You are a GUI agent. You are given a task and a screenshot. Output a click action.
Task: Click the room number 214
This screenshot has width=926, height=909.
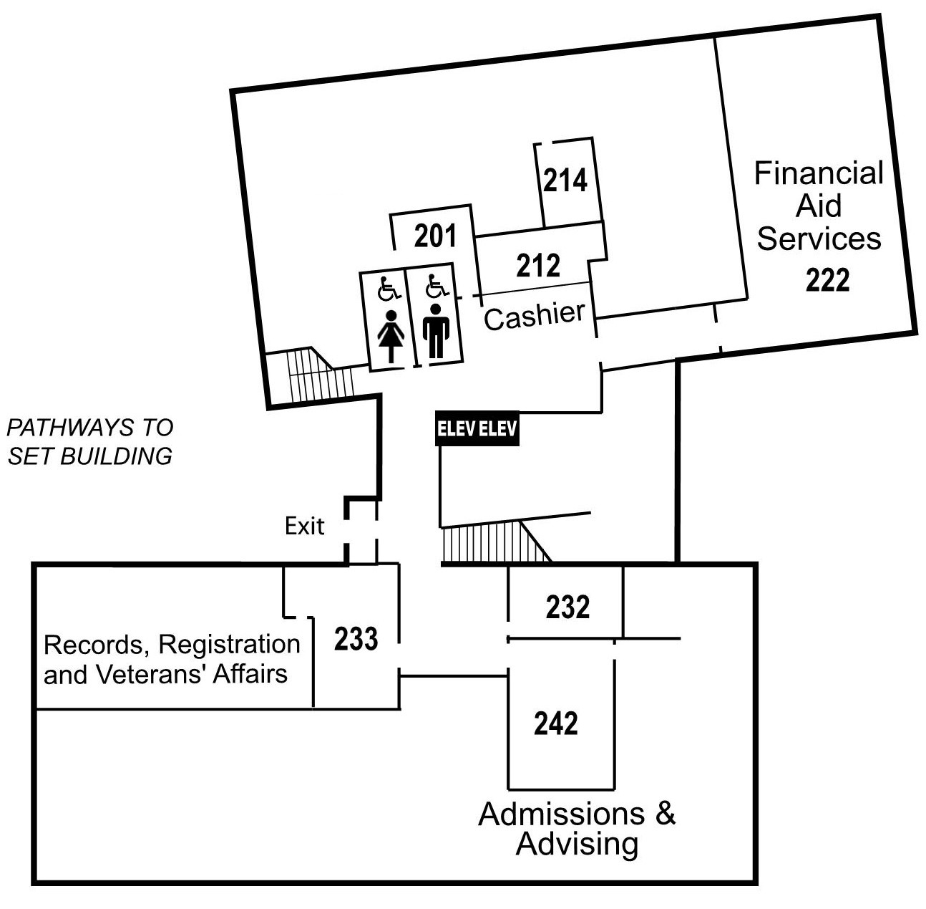point(565,181)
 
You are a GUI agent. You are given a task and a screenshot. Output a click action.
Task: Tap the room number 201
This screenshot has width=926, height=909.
point(435,236)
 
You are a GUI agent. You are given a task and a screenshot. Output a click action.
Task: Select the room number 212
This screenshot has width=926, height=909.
point(538,266)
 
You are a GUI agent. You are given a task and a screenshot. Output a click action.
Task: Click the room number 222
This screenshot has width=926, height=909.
point(827,280)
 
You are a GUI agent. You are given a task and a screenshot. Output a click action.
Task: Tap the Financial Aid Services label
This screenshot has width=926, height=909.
point(819,206)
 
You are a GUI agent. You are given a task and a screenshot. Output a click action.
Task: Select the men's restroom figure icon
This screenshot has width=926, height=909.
point(435,331)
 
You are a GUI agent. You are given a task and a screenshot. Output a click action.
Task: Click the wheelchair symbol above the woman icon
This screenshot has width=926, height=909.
point(388,288)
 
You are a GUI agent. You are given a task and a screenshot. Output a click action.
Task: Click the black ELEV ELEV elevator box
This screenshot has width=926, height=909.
point(477,429)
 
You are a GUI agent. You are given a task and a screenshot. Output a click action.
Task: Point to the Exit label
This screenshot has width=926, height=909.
point(304,526)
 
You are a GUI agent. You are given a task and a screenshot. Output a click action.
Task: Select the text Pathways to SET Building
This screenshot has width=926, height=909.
point(89,442)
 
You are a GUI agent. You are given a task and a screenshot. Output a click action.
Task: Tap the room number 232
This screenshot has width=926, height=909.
point(567,607)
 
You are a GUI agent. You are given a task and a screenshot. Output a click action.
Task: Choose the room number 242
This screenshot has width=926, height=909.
point(556,723)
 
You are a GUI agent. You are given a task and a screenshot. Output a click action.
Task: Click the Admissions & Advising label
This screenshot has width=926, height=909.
point(577,829)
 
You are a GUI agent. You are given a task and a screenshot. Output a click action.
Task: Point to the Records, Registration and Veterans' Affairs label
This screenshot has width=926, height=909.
point(172,659)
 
